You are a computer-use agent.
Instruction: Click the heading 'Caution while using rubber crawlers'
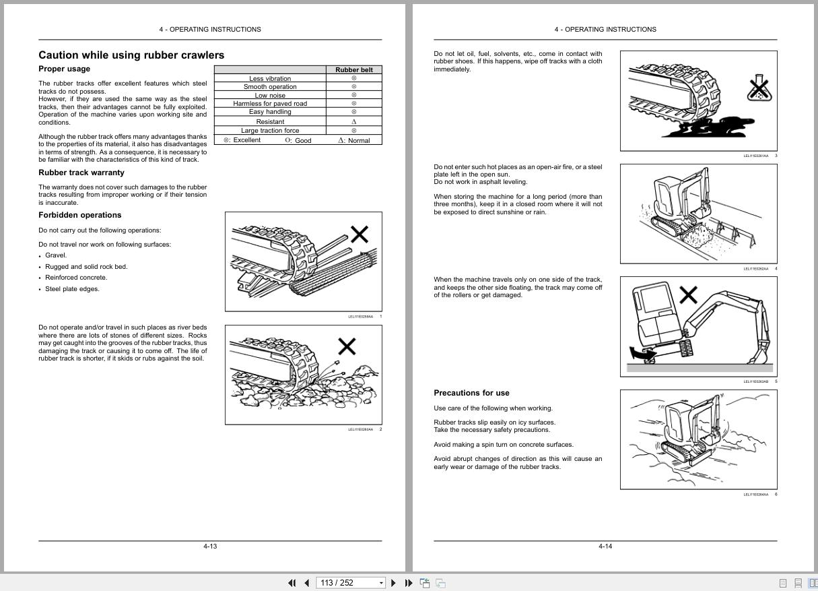pyautogui.click(x=131, y=55)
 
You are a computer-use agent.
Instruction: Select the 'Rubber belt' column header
pyautogui.click(x=353, y=69)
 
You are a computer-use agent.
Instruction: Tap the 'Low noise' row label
pyautogui.click(x=270, y=95)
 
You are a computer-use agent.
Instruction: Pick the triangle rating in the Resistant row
pyautogui.click(x=354, y=121)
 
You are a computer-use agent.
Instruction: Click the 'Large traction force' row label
pyautogui.click(x=270, y=130)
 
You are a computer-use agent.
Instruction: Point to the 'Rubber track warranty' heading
pyautogui.click(x=81, y=173)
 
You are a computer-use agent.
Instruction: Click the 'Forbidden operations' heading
pyautogui.click(x=80, y=215)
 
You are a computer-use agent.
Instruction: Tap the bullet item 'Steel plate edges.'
pyautogui.click(x=72, y=289)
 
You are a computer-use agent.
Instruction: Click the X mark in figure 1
pyautogui.click(x=360, y=235)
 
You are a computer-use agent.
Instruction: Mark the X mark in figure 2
pyautogui.click(x=347, y=347)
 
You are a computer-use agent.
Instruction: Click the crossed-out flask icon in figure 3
pyautogui.click(x=758, y=88)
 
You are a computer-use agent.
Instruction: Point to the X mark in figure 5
pyautogui.click(x=687, y=294)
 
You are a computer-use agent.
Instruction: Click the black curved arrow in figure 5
pyautogui.click(x=639, y=352)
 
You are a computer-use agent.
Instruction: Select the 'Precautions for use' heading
pyautogui.click(x=471, y=393)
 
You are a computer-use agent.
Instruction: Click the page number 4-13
pyautogui.click(x=210, y=547)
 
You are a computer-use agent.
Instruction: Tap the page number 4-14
pyautogui.click(x=605, y=547)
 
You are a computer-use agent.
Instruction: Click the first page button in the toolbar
pyautogui.click(x=292, y=583)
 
